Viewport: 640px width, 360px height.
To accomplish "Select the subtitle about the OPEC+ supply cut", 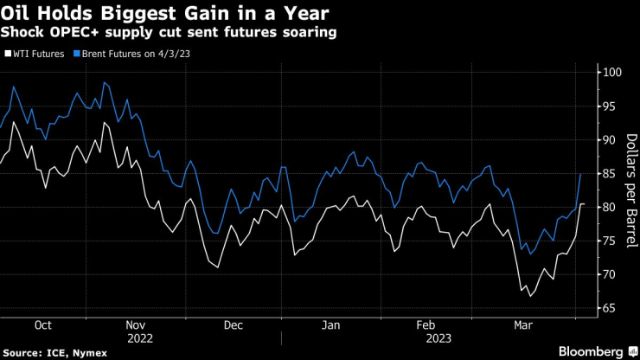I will [170, 32].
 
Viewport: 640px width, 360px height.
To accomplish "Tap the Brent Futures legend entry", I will [142, 53].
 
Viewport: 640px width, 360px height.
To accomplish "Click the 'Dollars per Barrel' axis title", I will [630, 190].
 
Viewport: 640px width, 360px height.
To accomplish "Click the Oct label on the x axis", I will [42, 326].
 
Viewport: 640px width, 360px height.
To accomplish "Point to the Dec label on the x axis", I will [234, 326].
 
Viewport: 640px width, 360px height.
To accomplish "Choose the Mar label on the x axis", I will [524, 326].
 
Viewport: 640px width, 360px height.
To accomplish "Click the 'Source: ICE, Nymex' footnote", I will [50, 352].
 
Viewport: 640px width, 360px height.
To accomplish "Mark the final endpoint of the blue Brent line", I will [580, 174].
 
